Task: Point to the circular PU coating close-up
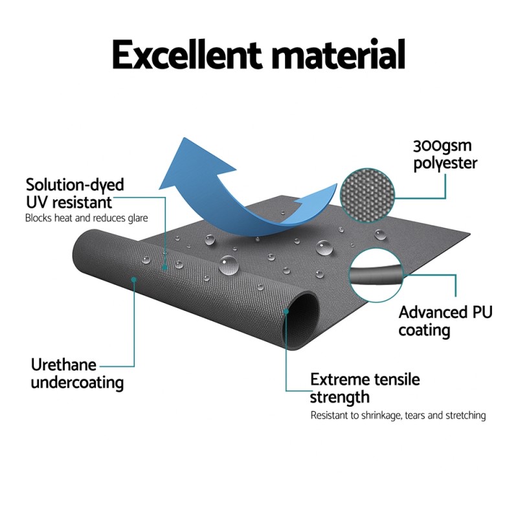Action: [375, 275]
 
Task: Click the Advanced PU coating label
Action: [445, 321]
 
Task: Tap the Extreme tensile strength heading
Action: [365, 387]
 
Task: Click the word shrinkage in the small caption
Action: [374, 416]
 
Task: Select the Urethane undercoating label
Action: [77, 372]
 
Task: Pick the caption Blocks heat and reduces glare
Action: [87, 218]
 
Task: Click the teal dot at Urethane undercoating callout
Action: [134, 280]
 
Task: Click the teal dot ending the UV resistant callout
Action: [165, 265]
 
